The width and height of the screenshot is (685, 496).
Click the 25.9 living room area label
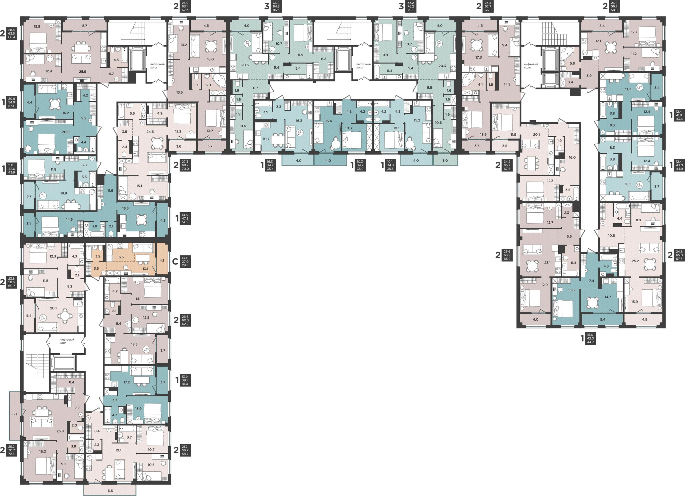(x=82, y=71)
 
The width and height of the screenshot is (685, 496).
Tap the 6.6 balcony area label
(x=110, y=491)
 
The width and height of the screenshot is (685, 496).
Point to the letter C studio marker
(x=175, y=261)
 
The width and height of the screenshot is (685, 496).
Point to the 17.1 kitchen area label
(x=598, y=41)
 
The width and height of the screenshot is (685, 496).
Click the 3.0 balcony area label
(x=445, y=160)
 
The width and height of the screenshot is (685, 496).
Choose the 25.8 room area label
(x=60, y=431)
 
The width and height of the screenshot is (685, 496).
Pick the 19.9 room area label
(x=63, y=193)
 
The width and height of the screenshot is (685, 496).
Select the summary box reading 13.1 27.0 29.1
(x=185, y=261)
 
